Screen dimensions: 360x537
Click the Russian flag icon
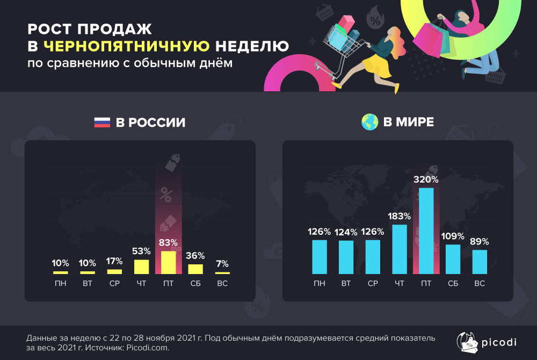click(x=102, y=123)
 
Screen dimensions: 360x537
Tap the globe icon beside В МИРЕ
click(x=369, y=122)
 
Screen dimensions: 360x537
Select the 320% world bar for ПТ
click(x=426, y=231)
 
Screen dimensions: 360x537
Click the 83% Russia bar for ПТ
click(x=168, y=263)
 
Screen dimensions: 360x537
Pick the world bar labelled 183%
click(x=400, y=249)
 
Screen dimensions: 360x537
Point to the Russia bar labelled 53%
click(x=141, y=267)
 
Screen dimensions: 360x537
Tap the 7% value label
click(x=222, y=264)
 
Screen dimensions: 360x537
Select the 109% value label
click(x=453, y=236)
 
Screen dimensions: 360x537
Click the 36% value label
click(x=195, y=256)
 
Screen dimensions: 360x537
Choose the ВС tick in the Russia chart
click(x=222, y=283)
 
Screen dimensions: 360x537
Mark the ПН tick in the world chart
click(x=320, y=283)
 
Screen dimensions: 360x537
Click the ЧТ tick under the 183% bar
click(x=400, y=283)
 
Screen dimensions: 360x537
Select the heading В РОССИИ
click(x=150, y=123)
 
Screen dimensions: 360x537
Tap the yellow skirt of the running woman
click(x=377, y=66)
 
